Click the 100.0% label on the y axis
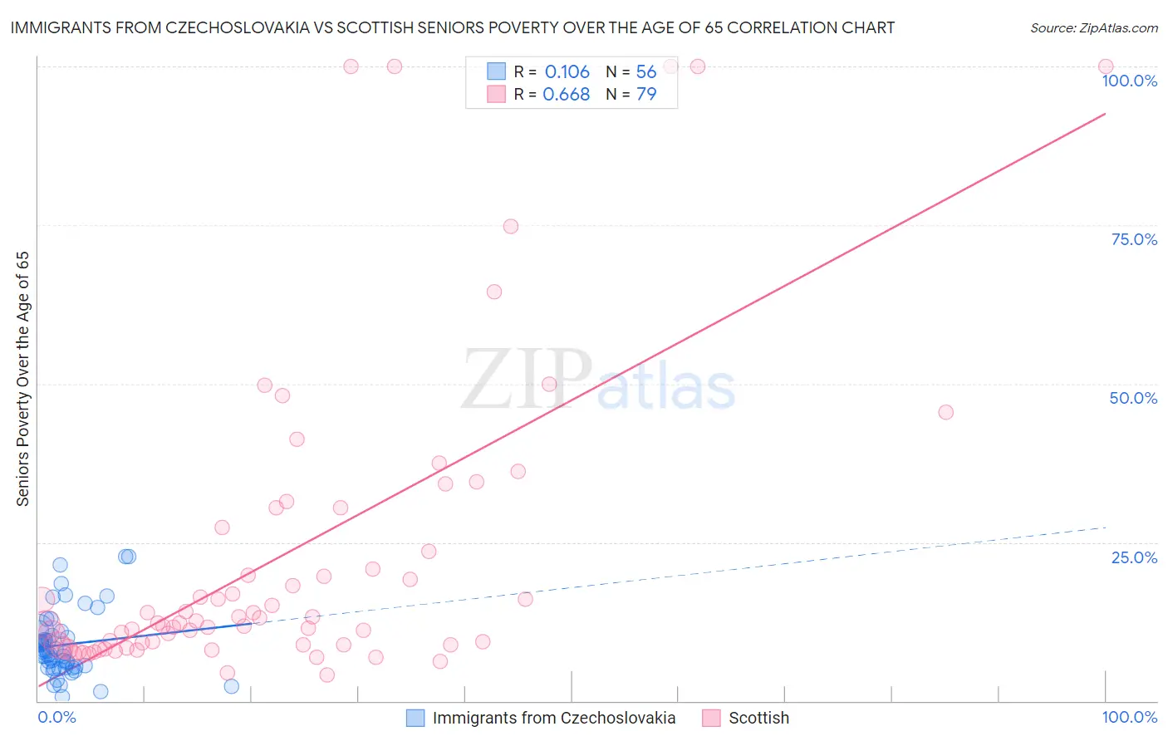[x=1129, y=81]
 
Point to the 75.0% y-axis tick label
[x=1134, y=239]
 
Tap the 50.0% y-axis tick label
[x=1133, y=398]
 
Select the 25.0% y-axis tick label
[x=1134, y=557]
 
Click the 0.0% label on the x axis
[x=56, y=717]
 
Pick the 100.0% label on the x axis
[x=1129, y=717]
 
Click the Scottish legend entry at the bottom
[x=758, y=718]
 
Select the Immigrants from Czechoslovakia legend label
[x=554, y=718]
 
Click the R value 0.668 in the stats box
[x=566, y=94]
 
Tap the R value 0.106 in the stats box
[x=567, y=71]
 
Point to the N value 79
[x=646, y=94]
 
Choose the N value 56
[x=646, y=71]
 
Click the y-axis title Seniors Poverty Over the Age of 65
[x=22, y=379]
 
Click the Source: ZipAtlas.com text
[x=1093, y=28]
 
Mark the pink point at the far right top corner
[x=1106, y=66]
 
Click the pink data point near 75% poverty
[x=511, y=227]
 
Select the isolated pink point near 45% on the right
[x=945, y=412]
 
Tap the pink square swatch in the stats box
[x=496, y=94]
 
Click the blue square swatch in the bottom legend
[x=415, y=718]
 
